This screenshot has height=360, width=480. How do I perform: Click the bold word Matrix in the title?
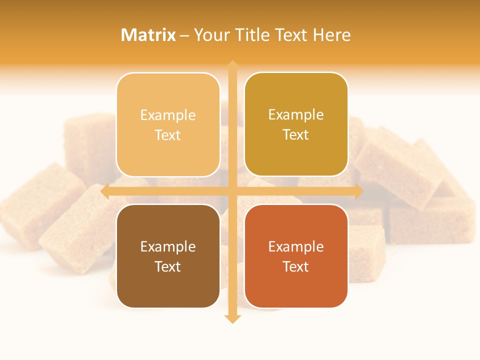pos(148,35)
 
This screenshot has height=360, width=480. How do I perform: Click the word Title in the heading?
pos(252,35)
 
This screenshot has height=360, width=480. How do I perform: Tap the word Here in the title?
pos(331,35)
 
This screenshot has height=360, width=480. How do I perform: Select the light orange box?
pos(168,124)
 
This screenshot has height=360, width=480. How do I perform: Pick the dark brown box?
pos(168,256)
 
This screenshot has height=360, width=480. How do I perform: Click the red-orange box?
pos(296,256)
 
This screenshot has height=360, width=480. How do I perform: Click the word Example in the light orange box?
pos(168,115)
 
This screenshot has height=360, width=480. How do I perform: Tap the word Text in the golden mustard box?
pos(296,135)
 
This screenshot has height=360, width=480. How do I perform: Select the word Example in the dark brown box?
pos(168,247)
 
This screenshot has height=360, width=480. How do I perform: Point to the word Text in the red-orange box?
pos(296,266)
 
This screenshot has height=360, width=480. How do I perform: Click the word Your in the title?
pos(210,35)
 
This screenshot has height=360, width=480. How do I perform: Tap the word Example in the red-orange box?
pos(296,247)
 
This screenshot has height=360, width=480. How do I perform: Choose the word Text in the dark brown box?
pos(168,266)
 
